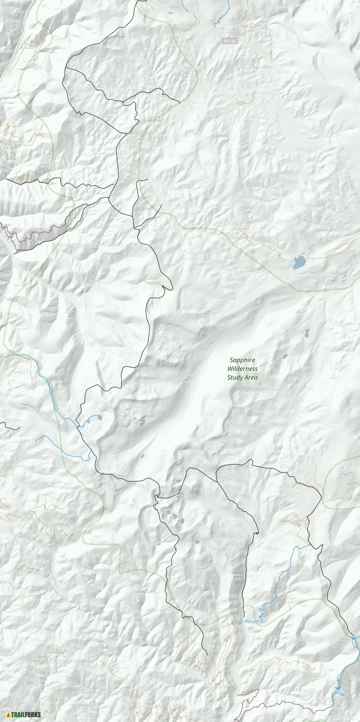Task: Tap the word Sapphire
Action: pyautogui.click(x=242, y=360)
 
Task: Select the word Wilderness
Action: pyautogui.click(x=242, y=369)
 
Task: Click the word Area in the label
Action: pyautogui.click(x=251, y=378)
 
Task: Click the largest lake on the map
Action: pyautogui.click(x=299, y=263)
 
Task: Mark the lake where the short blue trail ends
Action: pyautogui.click(x=98, y=418)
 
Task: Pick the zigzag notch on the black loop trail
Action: pyautogui.click(x=257, y=531)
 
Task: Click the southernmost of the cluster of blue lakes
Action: pyautogui.click(x=197, y=542)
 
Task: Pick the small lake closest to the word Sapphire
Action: pyautogui.click(x=285, y=356)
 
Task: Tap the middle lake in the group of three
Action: pyautogui.click(x=174, y=516)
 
